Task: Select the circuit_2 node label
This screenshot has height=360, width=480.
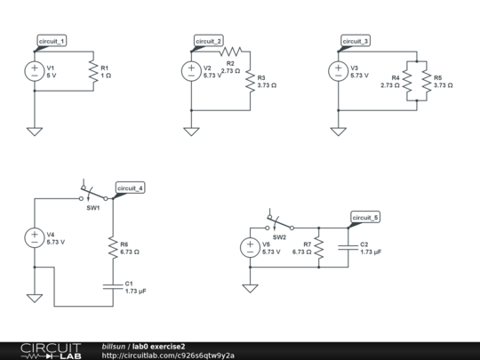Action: pos(210,41)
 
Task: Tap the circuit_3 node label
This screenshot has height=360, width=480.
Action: pos(356,41)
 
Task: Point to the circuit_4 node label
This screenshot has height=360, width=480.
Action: pos(130,188)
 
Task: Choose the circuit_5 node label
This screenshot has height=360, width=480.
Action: pos(365,217)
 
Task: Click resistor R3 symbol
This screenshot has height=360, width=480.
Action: pos(249,82)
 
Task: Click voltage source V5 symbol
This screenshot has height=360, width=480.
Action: pos(250,247)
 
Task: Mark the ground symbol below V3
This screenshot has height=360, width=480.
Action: pos(338,132)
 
